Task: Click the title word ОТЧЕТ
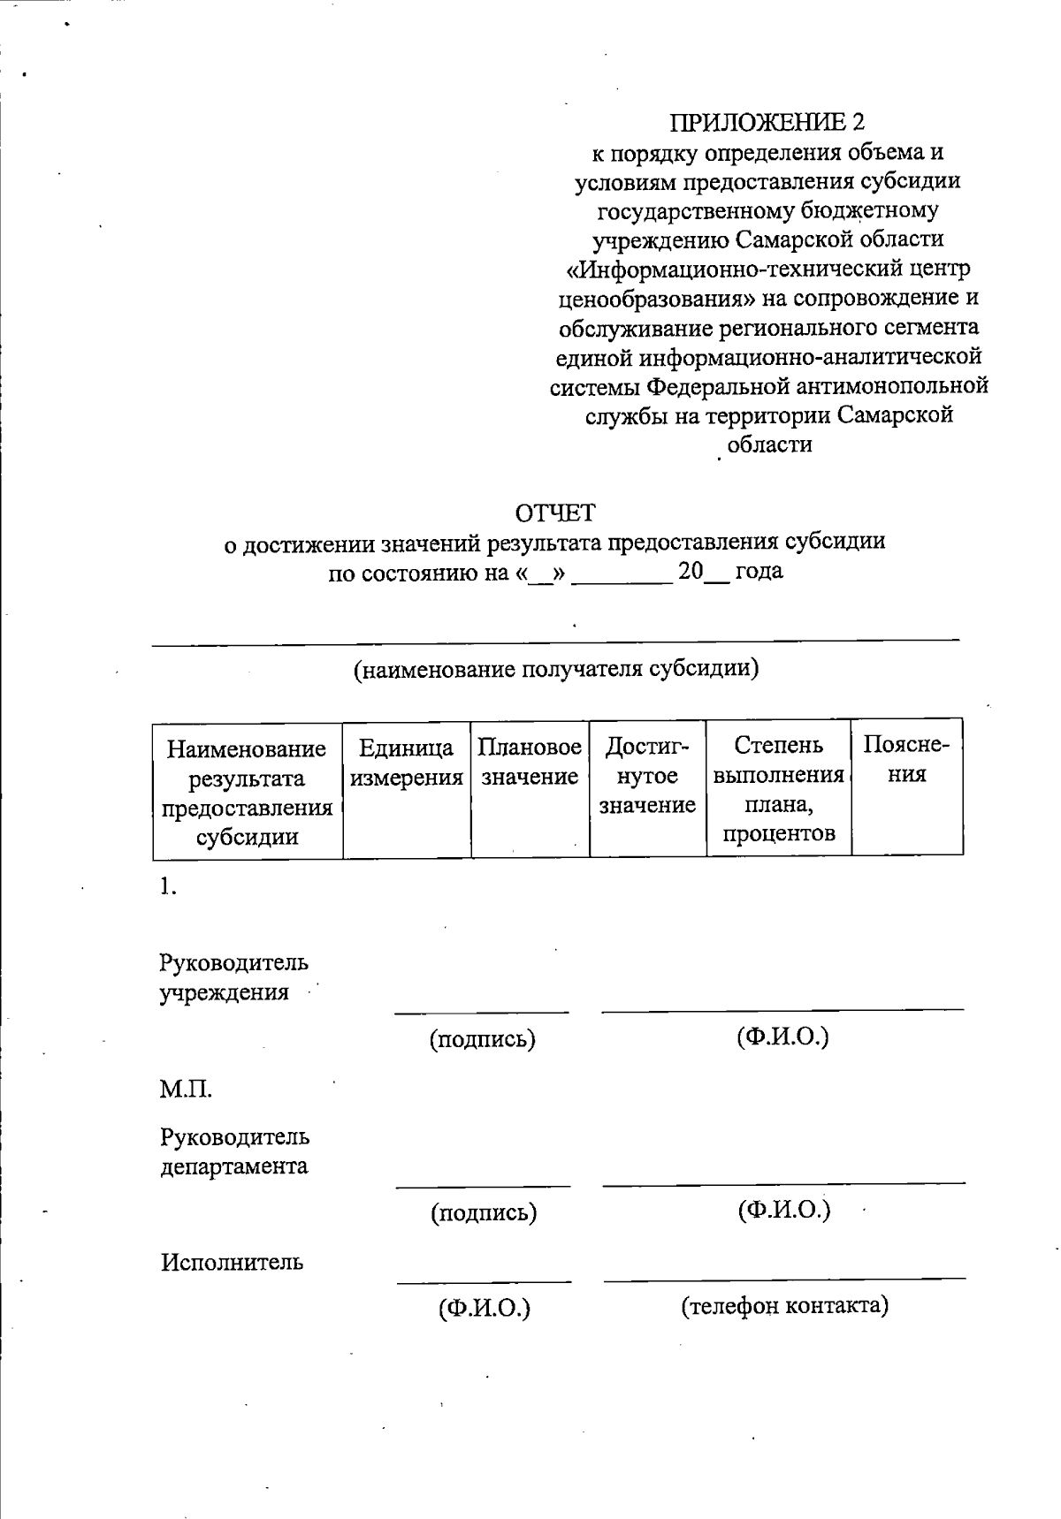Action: click(555, 513)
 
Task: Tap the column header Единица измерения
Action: click(407, 763)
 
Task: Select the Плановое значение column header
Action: click(530, 763)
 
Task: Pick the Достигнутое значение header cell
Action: click(647, 777)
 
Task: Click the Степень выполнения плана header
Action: click(778, 790)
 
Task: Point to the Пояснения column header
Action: click(906, 760)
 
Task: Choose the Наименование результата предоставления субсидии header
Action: click(247, 793)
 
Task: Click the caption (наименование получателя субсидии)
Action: click(556, 669)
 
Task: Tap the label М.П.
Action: click(186, 1090)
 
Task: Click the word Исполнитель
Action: click(232, 1262)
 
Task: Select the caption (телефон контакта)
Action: click(784, 1305)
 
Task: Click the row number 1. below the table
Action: click(168, 888)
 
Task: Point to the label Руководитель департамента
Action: click(234, 1151)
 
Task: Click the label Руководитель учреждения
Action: click(233, 976)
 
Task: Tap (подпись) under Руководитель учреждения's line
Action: click(483, 1039)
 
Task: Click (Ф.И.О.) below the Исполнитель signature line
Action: click(484, 1307)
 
